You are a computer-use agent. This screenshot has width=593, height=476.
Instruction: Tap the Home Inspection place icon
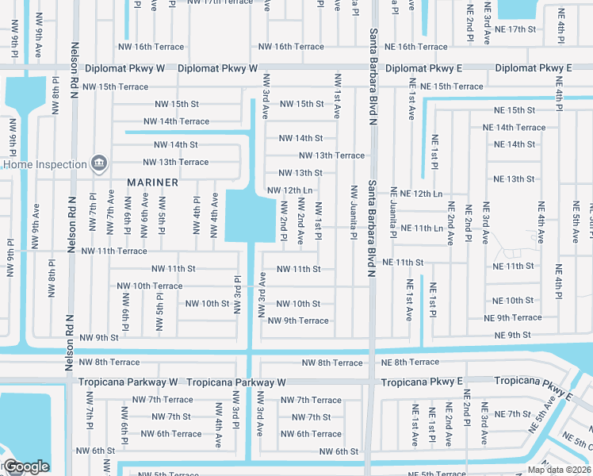tap(99, 164)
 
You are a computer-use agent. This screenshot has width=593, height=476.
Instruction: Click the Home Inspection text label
tap(44, 165)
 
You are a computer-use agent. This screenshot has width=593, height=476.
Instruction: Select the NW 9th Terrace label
tap(298, 321)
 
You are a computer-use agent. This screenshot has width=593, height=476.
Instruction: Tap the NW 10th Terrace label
tap(150, 286)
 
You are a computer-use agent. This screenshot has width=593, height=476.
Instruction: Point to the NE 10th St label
tap(513, 301)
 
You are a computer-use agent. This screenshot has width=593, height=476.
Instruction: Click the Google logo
tap(25, 467)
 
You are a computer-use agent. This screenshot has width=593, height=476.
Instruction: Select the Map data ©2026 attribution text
tap(559, 470)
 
